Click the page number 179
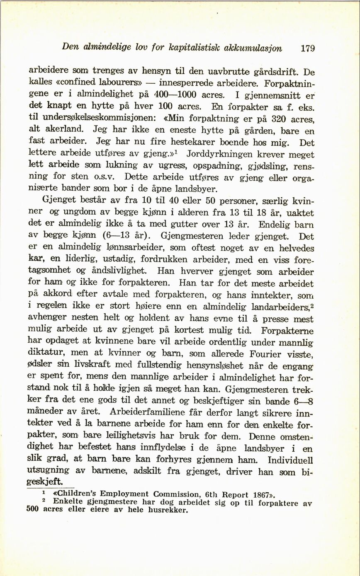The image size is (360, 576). (308, 48)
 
